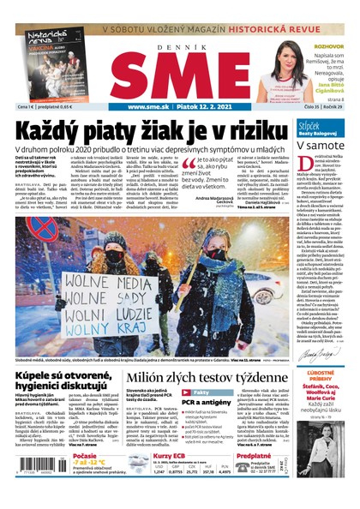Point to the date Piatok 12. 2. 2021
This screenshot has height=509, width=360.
tap(206, 107)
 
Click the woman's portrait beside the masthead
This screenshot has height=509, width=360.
tap(286, 69)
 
